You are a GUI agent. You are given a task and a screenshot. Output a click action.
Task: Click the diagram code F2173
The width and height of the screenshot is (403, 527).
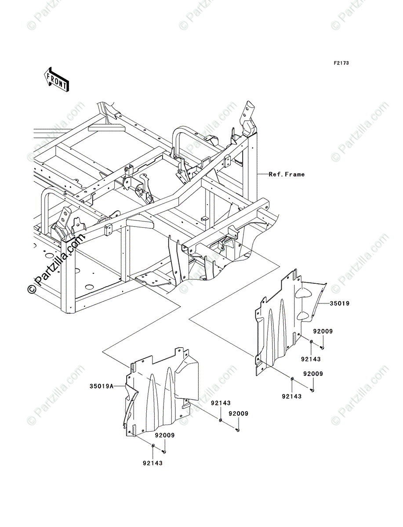(341, 63)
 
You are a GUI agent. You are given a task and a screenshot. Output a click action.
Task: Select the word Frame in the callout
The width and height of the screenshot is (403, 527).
(295, 174)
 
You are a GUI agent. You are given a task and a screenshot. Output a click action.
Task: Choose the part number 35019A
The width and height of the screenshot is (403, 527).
(102, 386)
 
